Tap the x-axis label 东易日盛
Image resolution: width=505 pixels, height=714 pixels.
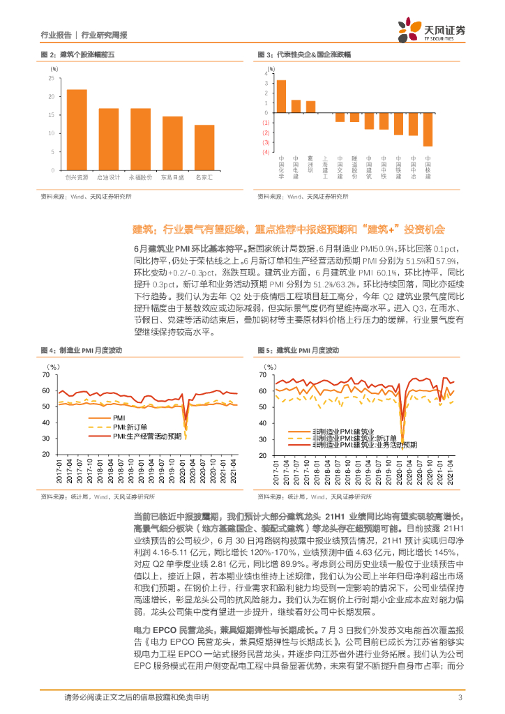(172, 177)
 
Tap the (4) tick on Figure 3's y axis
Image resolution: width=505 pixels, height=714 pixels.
(266, 151)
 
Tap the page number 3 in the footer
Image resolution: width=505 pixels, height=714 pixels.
(460, 697)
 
